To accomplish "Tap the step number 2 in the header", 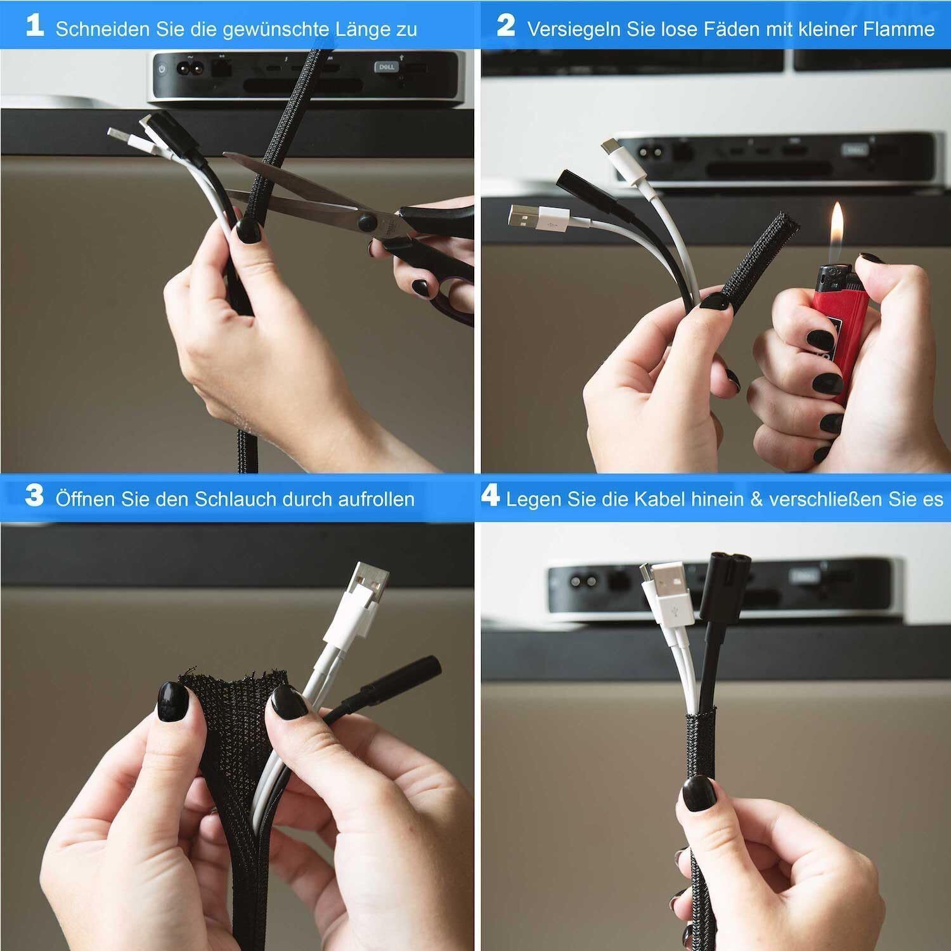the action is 506,26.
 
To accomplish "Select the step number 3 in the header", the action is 35,495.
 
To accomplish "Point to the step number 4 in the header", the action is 490,495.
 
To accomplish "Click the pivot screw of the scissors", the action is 366,221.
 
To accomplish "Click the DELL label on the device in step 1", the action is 387,67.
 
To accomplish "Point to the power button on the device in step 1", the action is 163,68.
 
